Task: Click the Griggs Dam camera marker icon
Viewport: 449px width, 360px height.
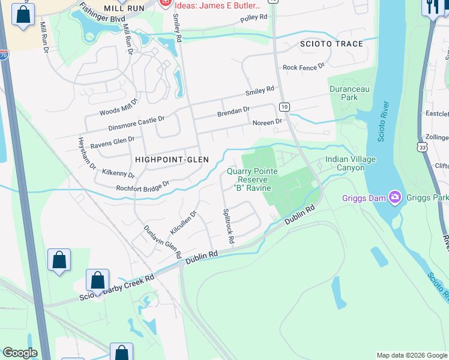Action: point(394,196)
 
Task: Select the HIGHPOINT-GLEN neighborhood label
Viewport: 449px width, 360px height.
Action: point(172,159)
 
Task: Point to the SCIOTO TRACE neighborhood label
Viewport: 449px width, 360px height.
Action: point(332,44)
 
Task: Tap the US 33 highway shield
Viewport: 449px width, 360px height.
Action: point(423,146)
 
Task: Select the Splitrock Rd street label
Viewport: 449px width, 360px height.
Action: point(229,226)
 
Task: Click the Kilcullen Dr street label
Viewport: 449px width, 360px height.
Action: point(184,223)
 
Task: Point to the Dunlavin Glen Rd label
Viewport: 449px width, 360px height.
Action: point(162,241)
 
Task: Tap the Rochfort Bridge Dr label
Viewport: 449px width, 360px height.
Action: point(143,187)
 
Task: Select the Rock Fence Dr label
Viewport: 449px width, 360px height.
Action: point(303,67)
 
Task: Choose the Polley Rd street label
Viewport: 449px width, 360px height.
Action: point(253,18)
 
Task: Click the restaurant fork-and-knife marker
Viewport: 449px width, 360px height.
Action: point(432,8)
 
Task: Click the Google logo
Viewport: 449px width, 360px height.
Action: point(20,353)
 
